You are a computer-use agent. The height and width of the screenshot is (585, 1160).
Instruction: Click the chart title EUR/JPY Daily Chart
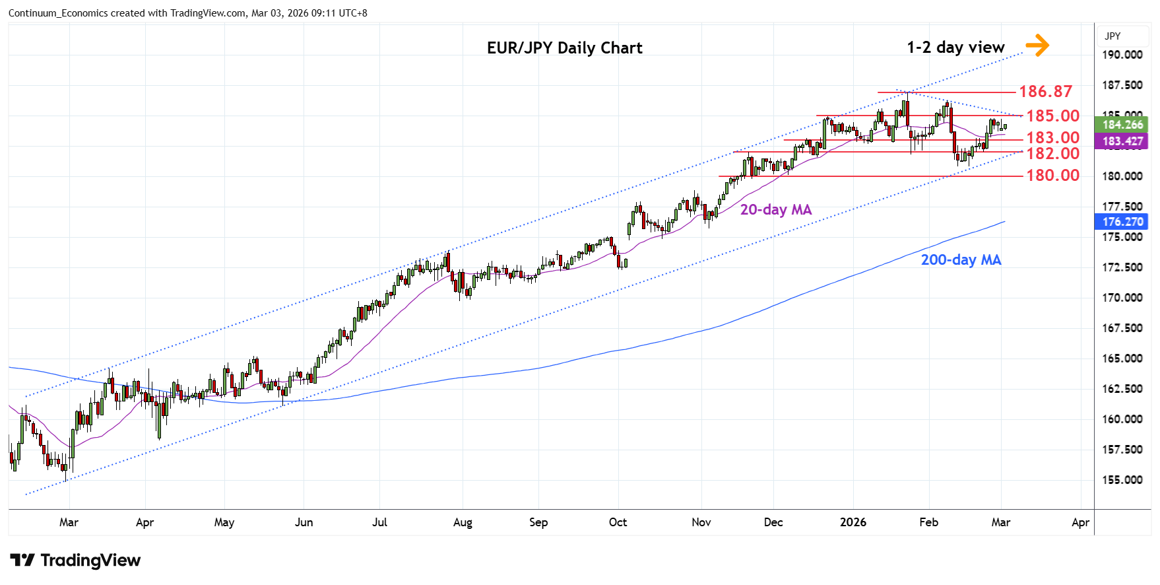point(564,48)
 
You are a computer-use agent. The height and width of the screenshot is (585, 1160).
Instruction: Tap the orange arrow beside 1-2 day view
point(1037,46)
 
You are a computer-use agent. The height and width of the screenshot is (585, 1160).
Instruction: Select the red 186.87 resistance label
point(1046,91)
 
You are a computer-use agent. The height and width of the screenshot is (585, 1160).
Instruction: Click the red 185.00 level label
point(1052,116)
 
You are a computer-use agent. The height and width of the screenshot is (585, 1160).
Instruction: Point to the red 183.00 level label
point(1052,137)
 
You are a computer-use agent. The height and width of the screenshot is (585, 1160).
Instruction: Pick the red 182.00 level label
point(1052,153)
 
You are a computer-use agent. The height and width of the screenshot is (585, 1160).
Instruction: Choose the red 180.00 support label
point(1052,175)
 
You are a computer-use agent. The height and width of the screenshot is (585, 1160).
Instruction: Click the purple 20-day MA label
point(775,209)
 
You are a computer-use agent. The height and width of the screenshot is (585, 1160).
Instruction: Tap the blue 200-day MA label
point(961,259)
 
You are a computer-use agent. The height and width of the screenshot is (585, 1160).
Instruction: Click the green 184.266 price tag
point(1122,125)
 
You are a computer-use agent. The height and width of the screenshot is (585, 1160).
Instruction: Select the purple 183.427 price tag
point(1122,141)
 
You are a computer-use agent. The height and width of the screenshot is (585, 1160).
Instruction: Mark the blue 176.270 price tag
point(1122,222)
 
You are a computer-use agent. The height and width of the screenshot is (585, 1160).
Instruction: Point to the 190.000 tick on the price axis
point(1122,55)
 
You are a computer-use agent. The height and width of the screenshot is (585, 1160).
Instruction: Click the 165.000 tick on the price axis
point(1122,359)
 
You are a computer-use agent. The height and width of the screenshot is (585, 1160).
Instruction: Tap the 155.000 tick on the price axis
point(1122,480)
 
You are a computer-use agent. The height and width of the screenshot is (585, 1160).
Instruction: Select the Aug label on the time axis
point(463,522)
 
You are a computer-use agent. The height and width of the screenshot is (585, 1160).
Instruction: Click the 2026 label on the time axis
point(853,522)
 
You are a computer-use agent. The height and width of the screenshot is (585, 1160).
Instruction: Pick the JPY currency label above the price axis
point(1112,36)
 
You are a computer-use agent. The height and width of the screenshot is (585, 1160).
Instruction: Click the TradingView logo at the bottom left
point(75,561)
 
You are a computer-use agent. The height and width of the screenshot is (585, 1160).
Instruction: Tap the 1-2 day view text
point(955,48)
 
